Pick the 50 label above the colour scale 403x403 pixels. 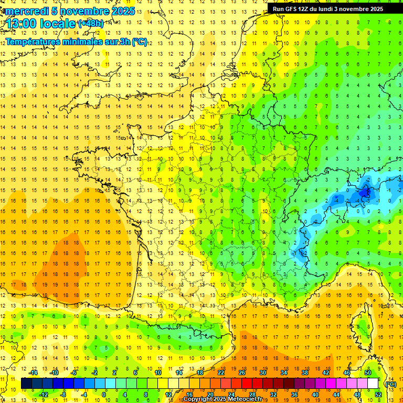click(368, 373)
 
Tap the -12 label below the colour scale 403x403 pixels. click(44, 395)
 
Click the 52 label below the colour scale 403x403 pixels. click(378, 395)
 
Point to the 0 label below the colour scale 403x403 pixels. click(104, 395)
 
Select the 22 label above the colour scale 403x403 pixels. click(221, 373)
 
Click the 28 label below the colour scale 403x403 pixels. click(252, 395)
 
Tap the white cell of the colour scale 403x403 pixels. click(373, 384)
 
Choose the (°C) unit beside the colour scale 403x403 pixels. click(391, 384)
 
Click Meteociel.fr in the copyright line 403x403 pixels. click(246, 399)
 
